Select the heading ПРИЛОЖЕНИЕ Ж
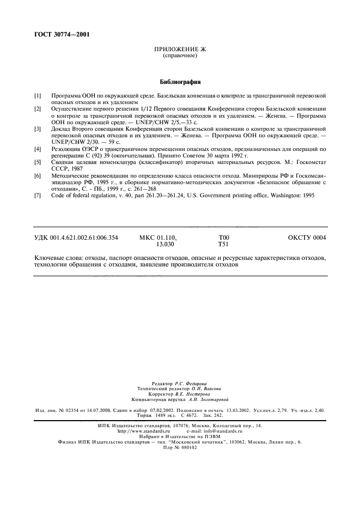tap(180, 50)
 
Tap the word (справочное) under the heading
tap(180, 56)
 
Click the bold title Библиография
tap(180, 82)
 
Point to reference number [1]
tap(38, 96)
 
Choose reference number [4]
tap(38, 149)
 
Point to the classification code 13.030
tap(165, 245)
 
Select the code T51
tap(223, 245)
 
